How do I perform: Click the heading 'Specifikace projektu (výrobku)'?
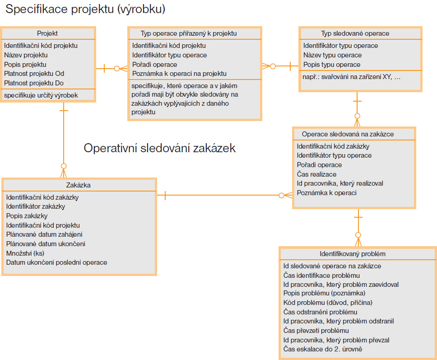click(x=85, y=9)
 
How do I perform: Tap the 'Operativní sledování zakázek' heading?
click(x=159, y=148)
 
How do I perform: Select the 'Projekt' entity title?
click(x=47, y=33)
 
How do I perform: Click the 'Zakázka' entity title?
click(x=78, y=185)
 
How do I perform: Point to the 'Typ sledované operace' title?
click(x=355, y=33)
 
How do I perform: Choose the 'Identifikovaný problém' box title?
click(x=353, y=254)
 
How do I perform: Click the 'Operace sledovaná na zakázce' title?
click(x=348, y=134)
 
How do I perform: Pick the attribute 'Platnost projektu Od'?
click(x=34, y=74)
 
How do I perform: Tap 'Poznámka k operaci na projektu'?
click(x=179, y=74)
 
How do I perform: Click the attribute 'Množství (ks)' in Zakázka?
click(x=25, y=253)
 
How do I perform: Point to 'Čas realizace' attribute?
click(x=316, y=174)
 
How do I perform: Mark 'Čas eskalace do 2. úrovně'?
click(x=323, y=349)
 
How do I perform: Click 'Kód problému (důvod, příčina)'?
click(x=328, y=303)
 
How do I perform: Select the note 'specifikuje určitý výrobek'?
click(x=41, y=95)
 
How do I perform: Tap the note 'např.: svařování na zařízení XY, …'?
click(x=351, y=77)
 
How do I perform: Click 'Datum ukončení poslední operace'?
click(x=56, y=262)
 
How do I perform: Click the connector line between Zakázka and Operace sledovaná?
click(x=225, y=195)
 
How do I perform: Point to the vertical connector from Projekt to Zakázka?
click(x=64, y=140)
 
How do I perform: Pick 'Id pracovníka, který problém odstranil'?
click(x=339, y=321)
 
